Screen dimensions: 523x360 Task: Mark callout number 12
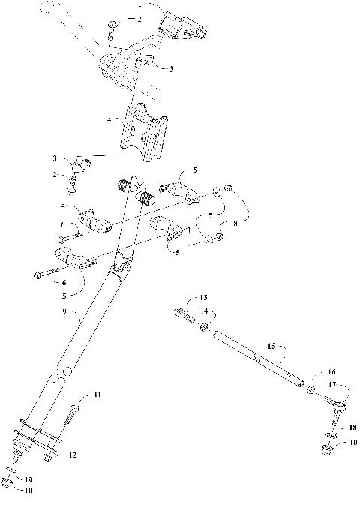tap(72, 455)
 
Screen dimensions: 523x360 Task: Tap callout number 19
tap(28, 478)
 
